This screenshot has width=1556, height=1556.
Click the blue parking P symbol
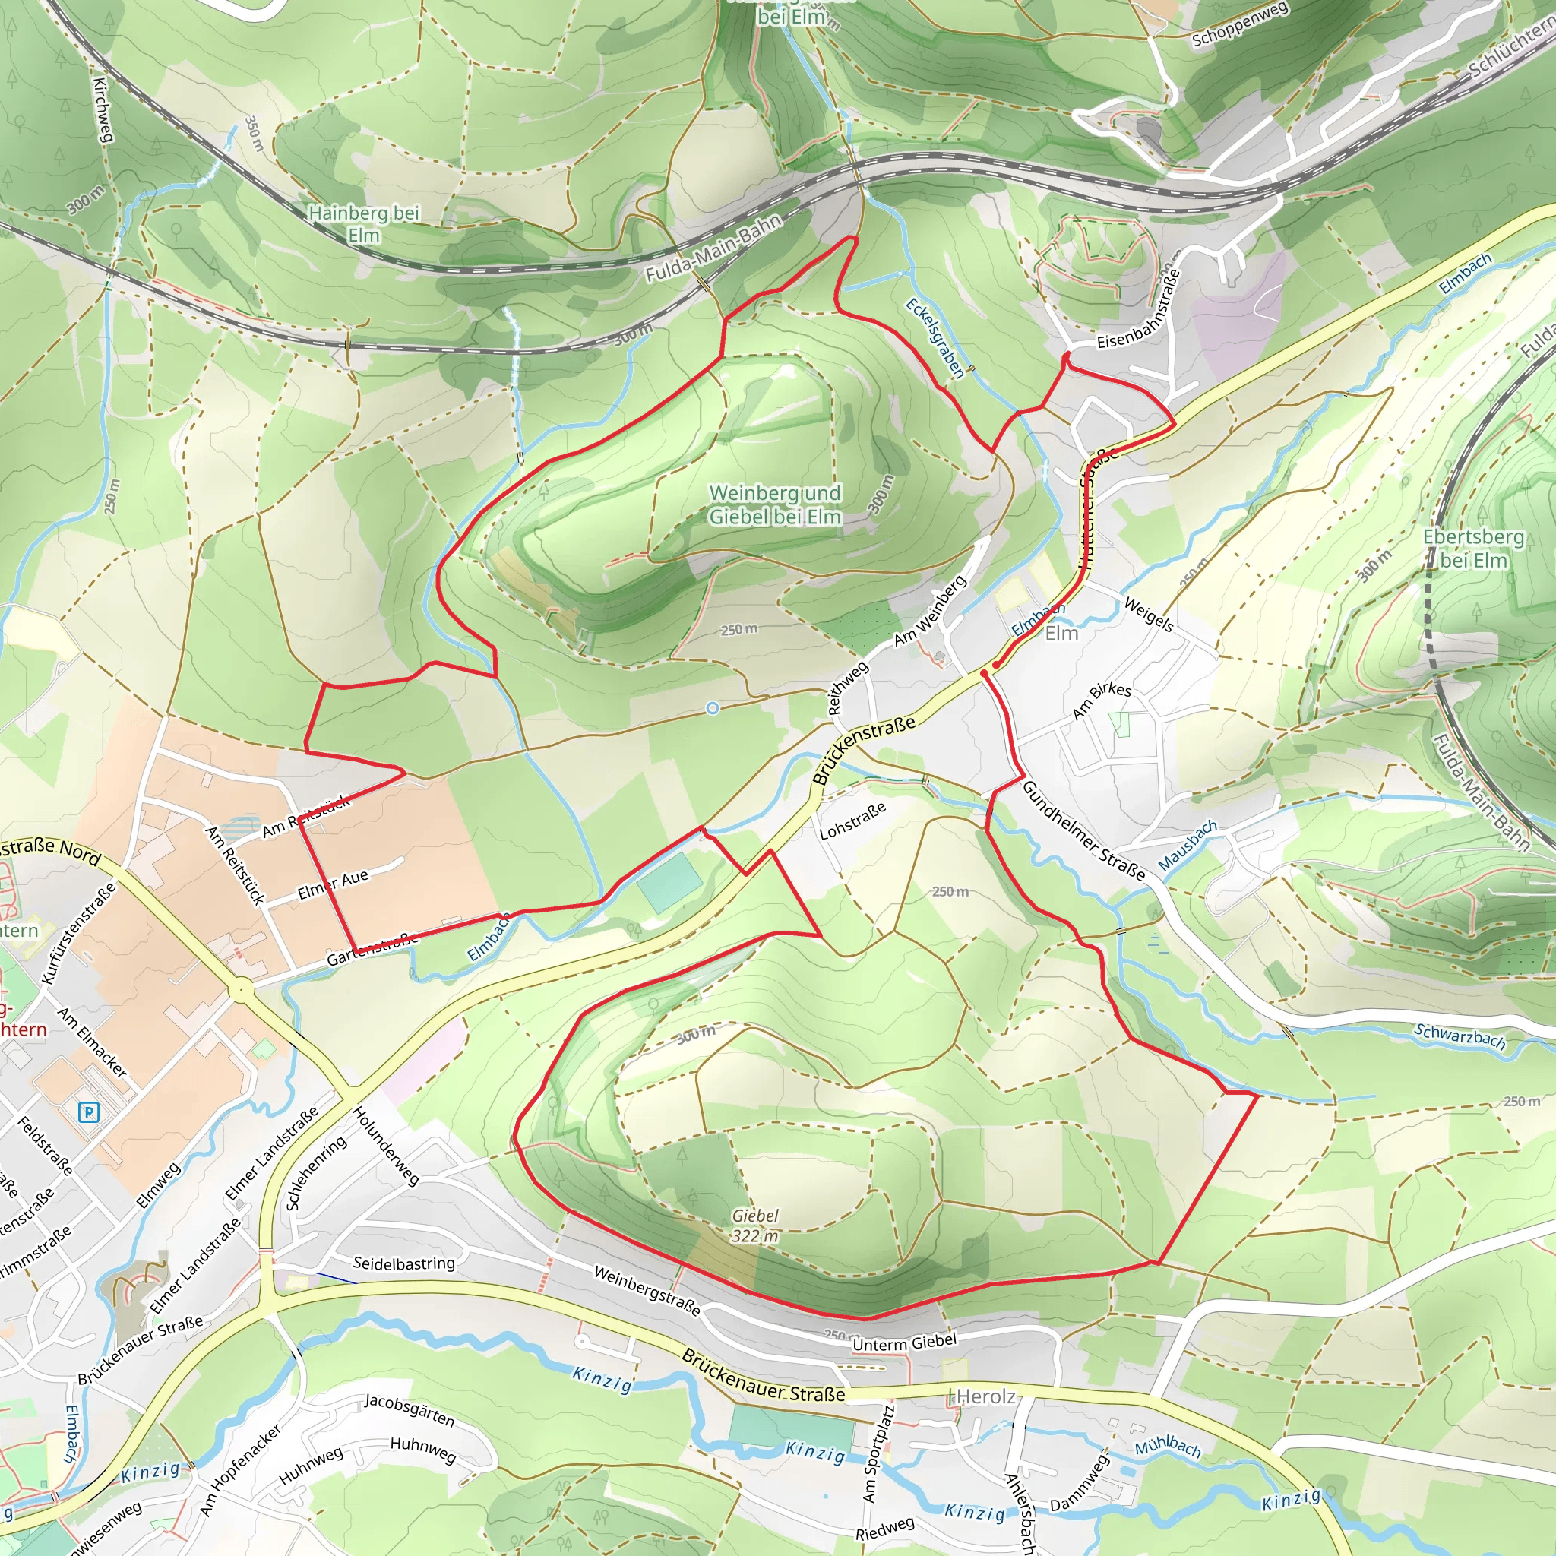tap(89, 1113)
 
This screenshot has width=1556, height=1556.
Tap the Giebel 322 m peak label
tap(754, 1225)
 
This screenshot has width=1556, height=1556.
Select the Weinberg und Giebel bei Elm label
tap(775, 504)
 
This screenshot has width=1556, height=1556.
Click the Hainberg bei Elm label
tap(363, 224)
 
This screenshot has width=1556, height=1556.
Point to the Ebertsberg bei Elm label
tap(1473, 548)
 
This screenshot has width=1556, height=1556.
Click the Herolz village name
tap(985, 1396)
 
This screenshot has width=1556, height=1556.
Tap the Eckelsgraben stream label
tap(935, 337)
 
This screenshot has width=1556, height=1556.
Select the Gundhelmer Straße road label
tap(1083, 830)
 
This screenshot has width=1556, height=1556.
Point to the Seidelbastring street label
tap(403, 1263)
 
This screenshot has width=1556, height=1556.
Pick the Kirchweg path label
tap(103, 109)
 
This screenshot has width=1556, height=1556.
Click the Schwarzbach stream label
tap(1460, 1035)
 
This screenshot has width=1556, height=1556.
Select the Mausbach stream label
tap(1188, 846)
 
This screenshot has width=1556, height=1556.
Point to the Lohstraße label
tap(853, 821)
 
